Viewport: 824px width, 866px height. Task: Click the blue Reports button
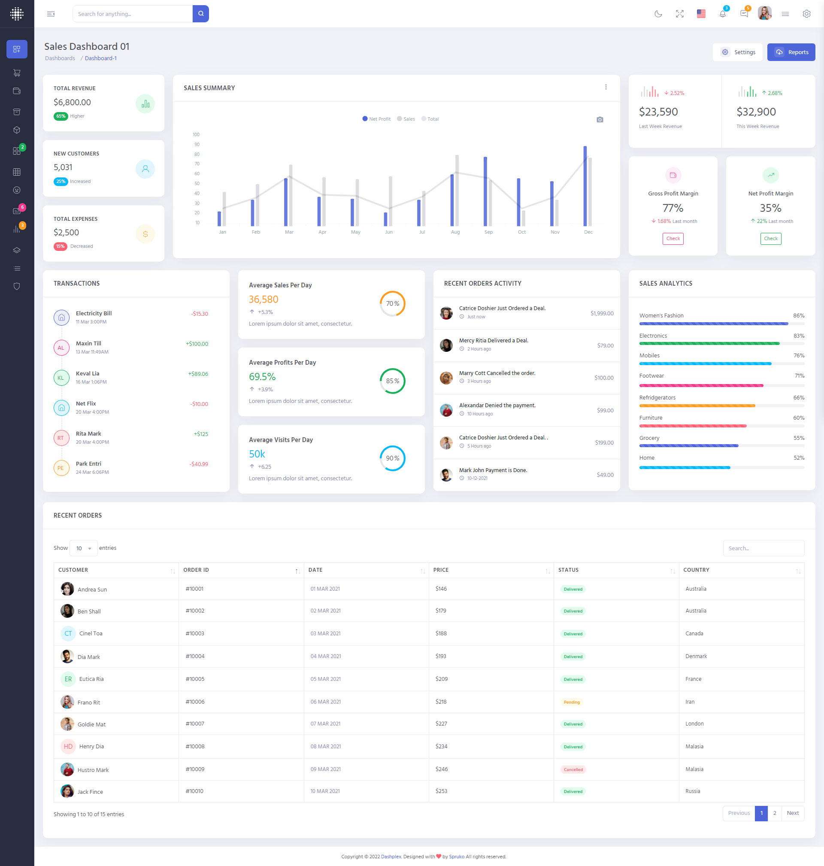791,52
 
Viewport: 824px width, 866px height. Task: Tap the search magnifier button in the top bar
201,14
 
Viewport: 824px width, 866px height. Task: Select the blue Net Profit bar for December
585,186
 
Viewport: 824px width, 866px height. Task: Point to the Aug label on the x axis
455,232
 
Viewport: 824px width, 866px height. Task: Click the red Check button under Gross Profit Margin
673,239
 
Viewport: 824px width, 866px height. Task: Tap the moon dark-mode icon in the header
658,14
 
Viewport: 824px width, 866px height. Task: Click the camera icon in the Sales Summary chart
600,119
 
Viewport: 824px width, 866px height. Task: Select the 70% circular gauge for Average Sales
392,304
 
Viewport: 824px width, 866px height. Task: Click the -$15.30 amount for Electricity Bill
200,314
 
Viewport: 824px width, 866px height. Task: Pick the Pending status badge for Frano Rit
572,702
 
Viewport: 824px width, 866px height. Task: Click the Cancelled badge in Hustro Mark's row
573,769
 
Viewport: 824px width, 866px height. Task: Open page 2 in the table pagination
774,813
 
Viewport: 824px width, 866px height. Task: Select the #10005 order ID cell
194,679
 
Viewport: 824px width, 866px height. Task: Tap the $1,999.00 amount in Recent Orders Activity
602,314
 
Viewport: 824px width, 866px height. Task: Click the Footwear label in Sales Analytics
651,376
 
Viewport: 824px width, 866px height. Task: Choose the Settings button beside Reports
738,52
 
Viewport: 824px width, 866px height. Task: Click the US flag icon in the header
701,14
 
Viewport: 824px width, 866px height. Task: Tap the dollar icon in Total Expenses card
145,234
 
